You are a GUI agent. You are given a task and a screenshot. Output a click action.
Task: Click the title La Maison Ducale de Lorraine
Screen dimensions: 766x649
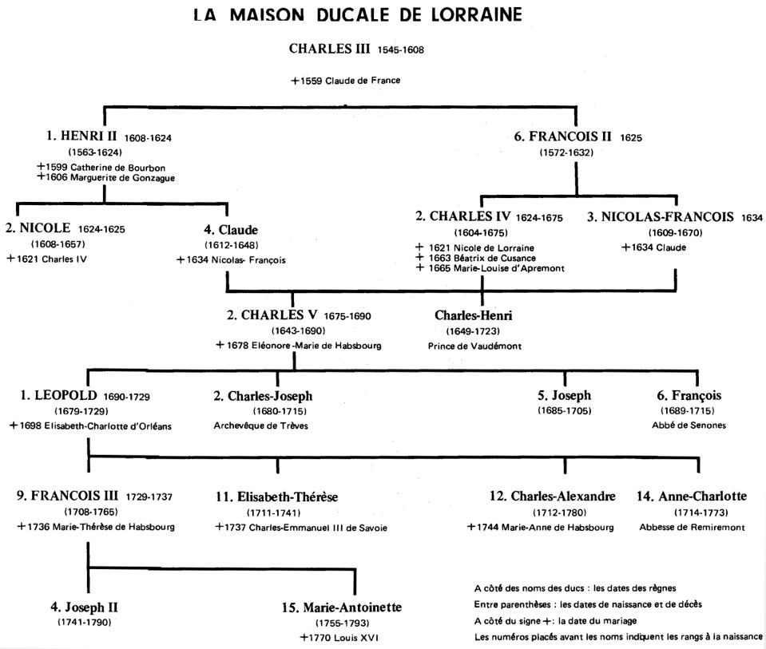click(x=358, y=14)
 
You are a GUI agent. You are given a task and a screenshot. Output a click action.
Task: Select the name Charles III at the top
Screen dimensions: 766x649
click(x=329, y=49)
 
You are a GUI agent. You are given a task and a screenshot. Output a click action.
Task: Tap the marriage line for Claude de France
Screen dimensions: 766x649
click(x=346, y=81)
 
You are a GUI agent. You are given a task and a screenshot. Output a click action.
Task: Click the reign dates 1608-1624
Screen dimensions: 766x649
click(x=148, y=138)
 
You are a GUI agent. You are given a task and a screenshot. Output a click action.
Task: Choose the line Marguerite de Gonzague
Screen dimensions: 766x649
click(x=106, y=178)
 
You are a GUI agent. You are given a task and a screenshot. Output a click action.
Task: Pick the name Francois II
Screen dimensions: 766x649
click(x=563, y=137)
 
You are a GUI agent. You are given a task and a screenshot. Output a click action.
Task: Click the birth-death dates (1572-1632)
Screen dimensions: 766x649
click(x=566, y=152)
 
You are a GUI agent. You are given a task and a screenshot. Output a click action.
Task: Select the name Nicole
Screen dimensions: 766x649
click(x=38, y=228)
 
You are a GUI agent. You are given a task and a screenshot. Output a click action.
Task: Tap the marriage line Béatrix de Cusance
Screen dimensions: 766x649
click(x=475, y=258)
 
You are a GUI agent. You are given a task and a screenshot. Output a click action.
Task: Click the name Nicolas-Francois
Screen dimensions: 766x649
click(x=661, y=217)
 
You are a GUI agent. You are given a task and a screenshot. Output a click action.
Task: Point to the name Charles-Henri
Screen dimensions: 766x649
click(x=474, y=315)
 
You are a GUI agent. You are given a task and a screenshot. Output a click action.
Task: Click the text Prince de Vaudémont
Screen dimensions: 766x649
click(x=474, y=346)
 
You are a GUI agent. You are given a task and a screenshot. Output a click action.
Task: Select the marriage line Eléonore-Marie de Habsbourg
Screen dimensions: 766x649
click(x=299, y=346)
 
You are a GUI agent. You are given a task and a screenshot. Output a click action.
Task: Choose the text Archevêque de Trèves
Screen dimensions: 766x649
click(x=261, y=425)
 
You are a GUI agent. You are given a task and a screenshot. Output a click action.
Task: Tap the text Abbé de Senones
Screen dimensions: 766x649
click(x=689, y=425)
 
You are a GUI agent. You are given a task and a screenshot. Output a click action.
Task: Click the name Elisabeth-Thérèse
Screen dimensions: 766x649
click(x=277, y=497)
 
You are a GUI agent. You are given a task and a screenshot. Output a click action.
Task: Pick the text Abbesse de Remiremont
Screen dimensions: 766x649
click(x=693, y=528)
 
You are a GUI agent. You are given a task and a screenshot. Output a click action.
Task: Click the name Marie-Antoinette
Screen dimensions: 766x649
click(x=342, y=607)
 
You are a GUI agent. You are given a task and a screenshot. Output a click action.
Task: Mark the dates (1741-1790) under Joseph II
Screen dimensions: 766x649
click(x=85, y=623)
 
